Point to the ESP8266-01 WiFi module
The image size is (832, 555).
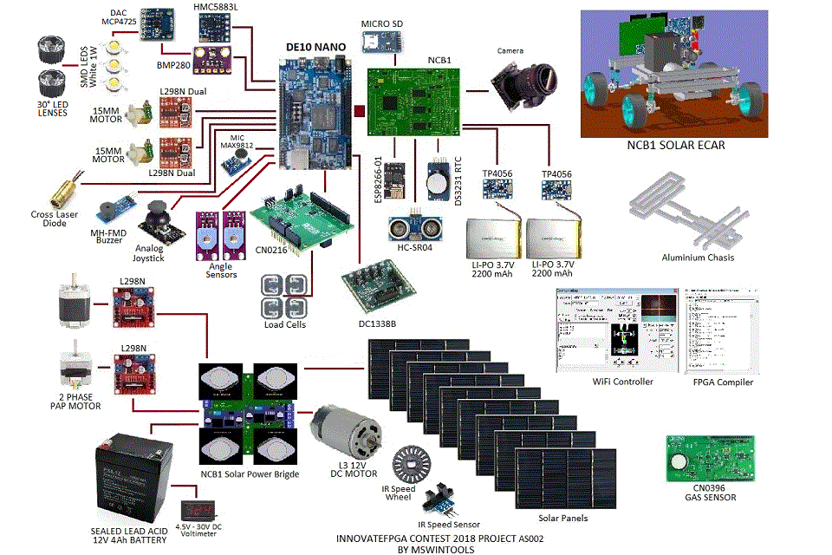pyautogui.click(x=396, y=180)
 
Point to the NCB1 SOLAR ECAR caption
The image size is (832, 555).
pyautogui.click(x=675, y=146)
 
